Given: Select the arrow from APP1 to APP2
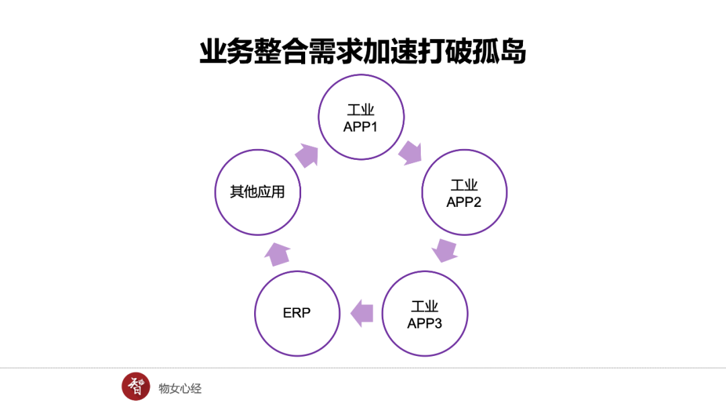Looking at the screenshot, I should (x=409, y=152).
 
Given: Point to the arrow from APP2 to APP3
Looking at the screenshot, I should (x=444, y=251).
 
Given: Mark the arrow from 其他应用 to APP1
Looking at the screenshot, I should (x=307, y=154).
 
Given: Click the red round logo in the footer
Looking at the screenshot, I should (x=136, y=386).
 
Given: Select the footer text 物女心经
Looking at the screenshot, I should (x=180, y=388).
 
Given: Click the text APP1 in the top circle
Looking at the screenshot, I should (x=361, y=127).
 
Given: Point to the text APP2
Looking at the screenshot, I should (x=464, y=201).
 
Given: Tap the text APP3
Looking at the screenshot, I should (x=425, y=323).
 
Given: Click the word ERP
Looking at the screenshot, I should (x=297, y=313).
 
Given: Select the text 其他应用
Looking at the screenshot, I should (x=257, y=192).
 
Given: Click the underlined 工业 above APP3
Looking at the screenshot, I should (x=425, y=306).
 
